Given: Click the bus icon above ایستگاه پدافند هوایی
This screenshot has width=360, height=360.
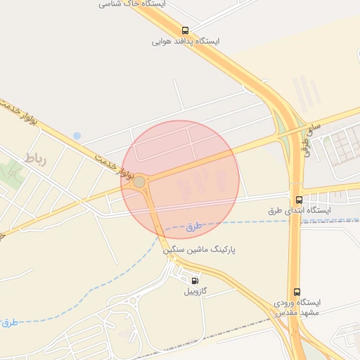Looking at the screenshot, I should coord(186,30).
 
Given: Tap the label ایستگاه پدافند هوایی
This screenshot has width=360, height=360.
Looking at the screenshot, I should coord(186,41).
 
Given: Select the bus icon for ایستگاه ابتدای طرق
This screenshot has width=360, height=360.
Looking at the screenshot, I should coord(300,200).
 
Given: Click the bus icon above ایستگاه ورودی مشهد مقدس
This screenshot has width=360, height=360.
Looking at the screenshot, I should coord(297,291).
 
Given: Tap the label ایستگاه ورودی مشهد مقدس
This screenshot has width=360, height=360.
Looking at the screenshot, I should coord(296,306).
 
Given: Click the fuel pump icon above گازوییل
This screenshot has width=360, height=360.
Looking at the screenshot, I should coord(195,280).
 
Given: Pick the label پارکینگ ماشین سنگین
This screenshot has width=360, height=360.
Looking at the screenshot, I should coord(200,250).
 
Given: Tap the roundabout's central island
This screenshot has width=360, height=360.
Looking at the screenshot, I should coord(139,182).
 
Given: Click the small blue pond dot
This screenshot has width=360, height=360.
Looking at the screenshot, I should coord(77,136).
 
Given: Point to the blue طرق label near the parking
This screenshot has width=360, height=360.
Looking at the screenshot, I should coord(194,226).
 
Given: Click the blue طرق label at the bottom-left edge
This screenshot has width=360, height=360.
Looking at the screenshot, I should coord(8,322).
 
